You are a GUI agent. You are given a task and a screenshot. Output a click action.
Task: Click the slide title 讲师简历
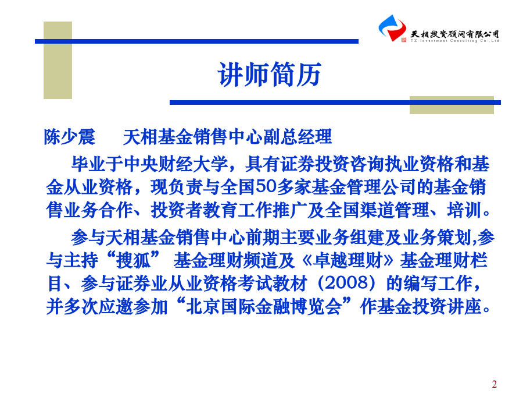pos(270,74)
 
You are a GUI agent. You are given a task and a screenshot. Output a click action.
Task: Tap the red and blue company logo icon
pos(392,28)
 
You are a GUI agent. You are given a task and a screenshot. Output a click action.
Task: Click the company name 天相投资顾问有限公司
pos(454,34)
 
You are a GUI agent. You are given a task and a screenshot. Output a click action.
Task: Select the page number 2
pos(494,384)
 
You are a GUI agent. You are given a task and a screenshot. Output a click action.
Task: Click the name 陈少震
pos(69,137)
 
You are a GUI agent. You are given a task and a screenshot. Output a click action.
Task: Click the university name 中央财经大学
pos(175,164)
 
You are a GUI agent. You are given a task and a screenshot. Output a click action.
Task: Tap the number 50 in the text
pos(266,186)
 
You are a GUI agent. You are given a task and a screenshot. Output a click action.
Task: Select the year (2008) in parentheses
pos(346,283)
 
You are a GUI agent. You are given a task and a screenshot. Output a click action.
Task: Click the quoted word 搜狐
pos(133,260)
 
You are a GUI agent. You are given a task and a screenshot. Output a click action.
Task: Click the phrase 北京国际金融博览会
pos(264,306)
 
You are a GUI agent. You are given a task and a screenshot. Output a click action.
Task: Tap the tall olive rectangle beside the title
pos(58,60)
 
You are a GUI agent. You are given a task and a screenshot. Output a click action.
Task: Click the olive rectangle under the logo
pos(452,105)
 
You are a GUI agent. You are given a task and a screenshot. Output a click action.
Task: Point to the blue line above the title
pos(196,41)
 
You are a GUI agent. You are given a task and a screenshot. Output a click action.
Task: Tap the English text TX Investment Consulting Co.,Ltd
pos(454,41)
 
